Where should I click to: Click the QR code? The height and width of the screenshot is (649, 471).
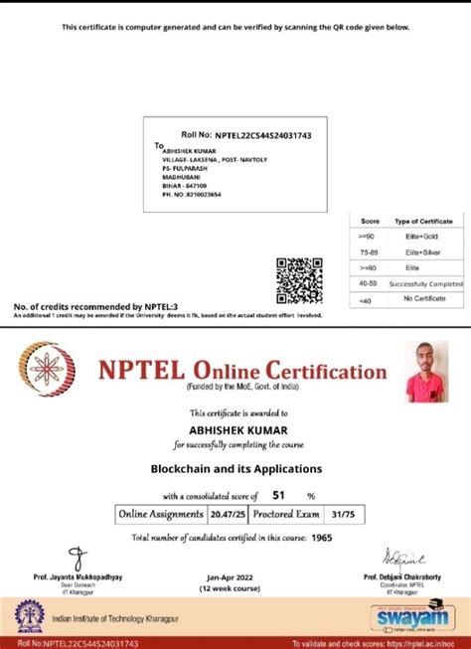coord(299,278)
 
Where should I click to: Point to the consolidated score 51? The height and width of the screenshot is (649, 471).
coord(278,494)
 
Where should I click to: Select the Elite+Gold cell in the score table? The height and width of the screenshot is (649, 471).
coord(422,236)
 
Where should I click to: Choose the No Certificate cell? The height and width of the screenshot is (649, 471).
coord(422,298)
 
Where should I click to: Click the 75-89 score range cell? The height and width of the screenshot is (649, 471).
coord(370,251)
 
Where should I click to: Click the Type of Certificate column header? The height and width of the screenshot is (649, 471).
coord(423,220)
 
